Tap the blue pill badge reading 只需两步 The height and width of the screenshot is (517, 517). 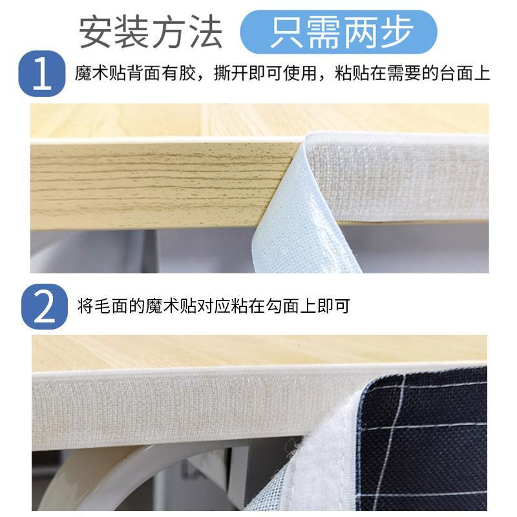click(339, 32)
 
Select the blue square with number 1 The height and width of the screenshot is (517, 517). click(42, 74)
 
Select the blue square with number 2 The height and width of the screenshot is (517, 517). click(45, 306)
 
